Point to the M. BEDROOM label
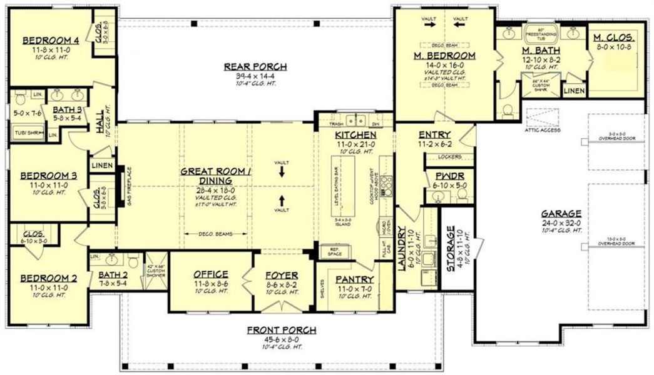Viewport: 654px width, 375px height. coord(444,56)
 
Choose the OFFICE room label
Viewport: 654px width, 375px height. coord(210,274)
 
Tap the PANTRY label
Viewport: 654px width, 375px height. coord(354,279)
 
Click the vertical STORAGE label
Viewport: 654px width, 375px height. coord(449,249)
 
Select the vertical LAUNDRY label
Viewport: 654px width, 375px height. coord(403,249)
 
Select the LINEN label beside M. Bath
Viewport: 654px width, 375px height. coord(574,91)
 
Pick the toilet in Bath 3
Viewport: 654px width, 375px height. coord(19,97)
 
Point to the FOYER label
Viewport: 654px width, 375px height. coord(281,274)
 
